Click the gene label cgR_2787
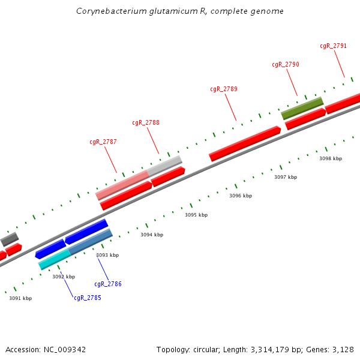(x=103, y=142)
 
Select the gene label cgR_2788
(x=146, y=122)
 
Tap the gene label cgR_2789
(x=224, y=89)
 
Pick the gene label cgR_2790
(x=286, y=65)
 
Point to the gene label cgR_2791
(x=333, y=46)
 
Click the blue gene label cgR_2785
(x=88, y=298)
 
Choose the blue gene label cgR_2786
(x=108, y=284)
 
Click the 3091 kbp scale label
(x=20, y=298)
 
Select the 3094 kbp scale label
(x=152, y=235)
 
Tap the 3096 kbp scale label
(x=241, y=196)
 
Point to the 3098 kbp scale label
(x=331, y=158)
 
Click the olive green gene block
(x=302, y=108)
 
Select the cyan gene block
(x=54, y=259)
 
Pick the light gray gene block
(x=165, y=166)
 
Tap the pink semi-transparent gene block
(x=122, y=185)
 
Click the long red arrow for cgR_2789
(x=245, y=143)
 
